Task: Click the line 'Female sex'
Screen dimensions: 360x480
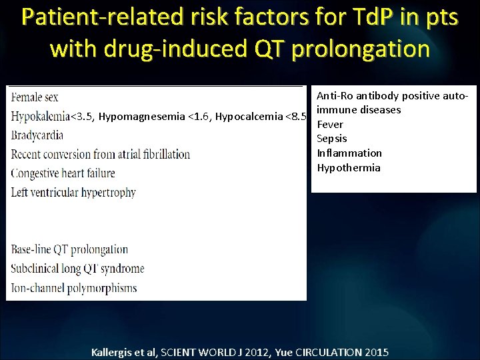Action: pos(35,97)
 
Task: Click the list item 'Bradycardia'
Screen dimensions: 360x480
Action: pos(37,135)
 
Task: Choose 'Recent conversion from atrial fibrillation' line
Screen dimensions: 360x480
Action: pos(101,154)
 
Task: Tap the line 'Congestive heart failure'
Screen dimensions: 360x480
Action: pos(63,173)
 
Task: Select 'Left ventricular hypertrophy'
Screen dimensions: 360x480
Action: pos(73,193)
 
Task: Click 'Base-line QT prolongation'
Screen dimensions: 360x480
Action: pos(69,250)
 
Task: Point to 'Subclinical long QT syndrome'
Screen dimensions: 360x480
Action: pos(77,269)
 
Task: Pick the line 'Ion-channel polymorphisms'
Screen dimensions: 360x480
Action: pos(74,289)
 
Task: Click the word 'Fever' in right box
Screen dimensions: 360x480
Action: pos(330,124)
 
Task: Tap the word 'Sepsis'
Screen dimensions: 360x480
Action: pos(332,139)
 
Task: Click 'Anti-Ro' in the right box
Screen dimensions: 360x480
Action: pos(333,96)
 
